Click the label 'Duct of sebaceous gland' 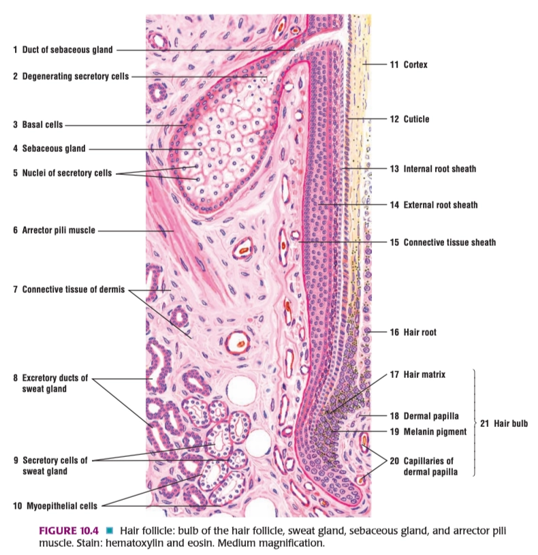67,50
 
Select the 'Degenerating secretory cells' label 76,76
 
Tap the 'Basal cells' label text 42,125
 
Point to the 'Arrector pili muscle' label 59,230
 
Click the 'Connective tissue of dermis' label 74,289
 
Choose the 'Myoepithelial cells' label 62,506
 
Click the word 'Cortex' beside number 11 415,65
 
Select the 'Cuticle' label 416,119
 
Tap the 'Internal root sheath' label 440,169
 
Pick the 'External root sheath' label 441,205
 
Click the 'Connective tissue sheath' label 449,242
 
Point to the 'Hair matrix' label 424,375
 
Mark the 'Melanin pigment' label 435,432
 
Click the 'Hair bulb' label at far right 511,424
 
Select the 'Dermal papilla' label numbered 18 431,416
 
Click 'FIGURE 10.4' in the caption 68,531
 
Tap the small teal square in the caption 110,530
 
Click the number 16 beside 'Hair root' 394,332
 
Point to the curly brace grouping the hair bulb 474,423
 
